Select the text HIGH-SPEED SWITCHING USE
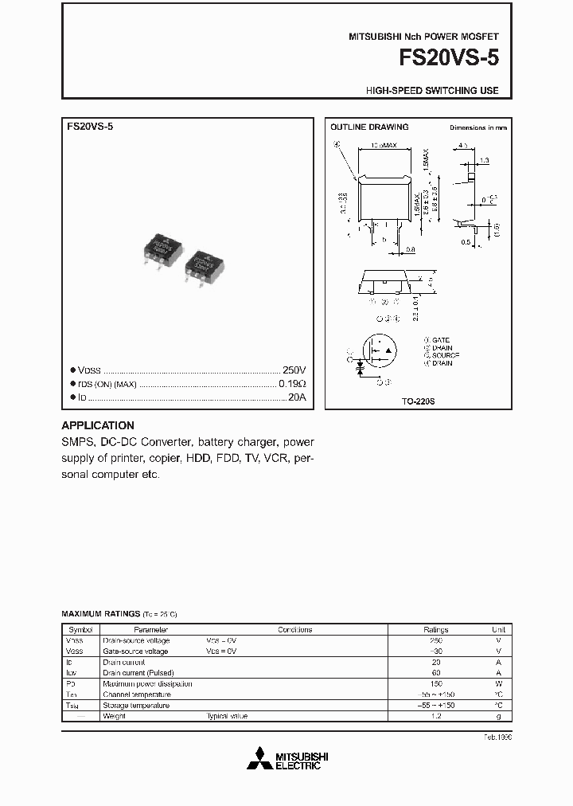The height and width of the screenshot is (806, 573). [432, 91]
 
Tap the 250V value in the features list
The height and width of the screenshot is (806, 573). [294, 370]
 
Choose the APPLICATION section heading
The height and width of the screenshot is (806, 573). [98, 425]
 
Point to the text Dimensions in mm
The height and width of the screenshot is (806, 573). [477, 127]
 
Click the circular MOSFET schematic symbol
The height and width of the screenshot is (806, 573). [380, 351]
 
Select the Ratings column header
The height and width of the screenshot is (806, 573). [435, 629]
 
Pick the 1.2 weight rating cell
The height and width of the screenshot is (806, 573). [435, 716]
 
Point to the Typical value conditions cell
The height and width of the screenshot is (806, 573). [227, 716]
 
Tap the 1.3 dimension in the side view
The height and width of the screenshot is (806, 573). [484, 160]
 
